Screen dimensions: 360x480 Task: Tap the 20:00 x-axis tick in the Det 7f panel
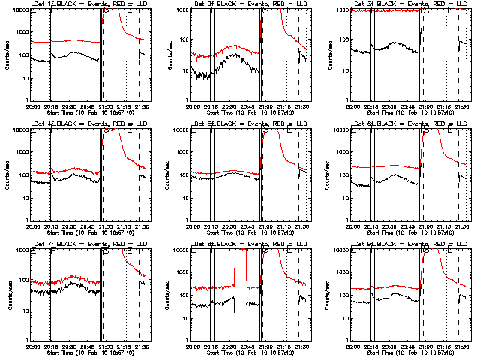pos(32,346)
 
